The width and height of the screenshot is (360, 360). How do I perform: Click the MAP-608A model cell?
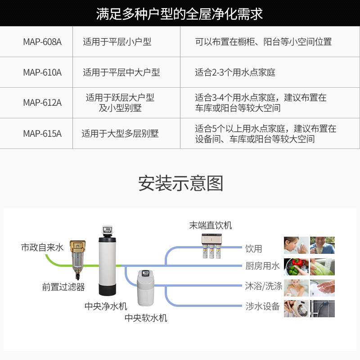[x=42, y=42]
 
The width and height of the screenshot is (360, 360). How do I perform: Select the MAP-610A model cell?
[x=42, y=72]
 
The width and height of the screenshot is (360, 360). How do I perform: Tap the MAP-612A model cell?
[x=42, y=103]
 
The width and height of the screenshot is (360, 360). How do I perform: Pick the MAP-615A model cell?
[x=42, y=133]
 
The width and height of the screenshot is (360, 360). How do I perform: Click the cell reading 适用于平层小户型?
[x=117, y=42]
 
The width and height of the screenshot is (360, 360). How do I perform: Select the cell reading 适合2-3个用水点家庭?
[x=235, y=72]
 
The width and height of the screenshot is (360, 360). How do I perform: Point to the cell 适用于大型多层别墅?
[x=120, y=133]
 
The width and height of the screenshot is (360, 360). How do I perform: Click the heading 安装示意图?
[x=180, y=184]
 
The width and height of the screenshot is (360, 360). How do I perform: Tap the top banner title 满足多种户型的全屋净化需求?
[x=180, y=13]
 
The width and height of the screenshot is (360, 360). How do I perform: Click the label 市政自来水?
[x=42, y=247]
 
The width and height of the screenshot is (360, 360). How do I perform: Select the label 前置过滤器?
[x=63, y=287]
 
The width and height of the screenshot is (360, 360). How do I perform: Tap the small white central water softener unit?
[x=146, y=288]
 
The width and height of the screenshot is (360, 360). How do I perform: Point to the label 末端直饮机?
[x=211, y=225]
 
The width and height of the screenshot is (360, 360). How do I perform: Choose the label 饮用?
[x=253, y=248]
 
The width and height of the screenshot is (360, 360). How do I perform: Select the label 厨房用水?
[x=262, y=266]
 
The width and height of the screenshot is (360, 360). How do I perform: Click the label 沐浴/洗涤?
[x=264, y=286]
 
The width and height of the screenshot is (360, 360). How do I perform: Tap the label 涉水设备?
[x=262, y=306]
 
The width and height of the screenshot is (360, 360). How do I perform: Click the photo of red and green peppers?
[x=296, y=266]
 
